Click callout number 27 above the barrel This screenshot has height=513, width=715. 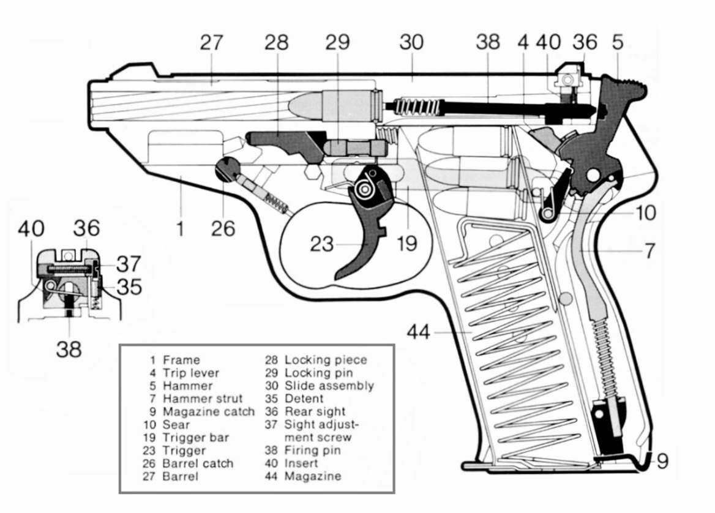pos(212,42)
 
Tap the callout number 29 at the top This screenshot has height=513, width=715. pos(337,42)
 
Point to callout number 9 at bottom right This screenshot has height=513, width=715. pos(662,461)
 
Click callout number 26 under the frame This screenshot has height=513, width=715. pos(223,229)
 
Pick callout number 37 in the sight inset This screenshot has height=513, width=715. pos(129,264)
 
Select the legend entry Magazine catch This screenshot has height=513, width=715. pos(208,411)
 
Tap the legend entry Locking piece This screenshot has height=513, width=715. pos(326,360)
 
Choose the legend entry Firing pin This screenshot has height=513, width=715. pos(312,451)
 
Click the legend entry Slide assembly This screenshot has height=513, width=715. pos(329,386)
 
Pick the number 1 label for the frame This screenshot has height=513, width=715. pos(179,229)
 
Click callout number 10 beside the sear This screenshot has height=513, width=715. pos(645,213)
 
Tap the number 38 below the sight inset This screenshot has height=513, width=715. pos(69,349)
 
